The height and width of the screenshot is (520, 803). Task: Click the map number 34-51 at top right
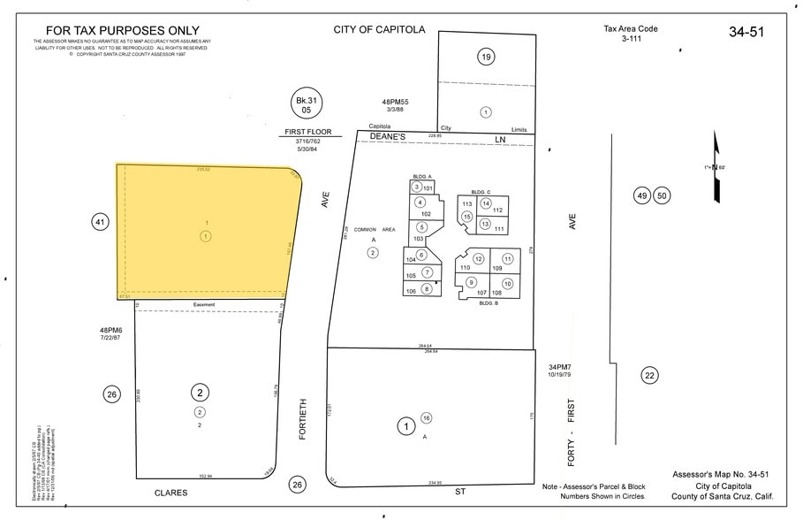pyautogui.click(x=746, y=32)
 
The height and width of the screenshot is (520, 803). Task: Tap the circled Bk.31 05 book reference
pyautogui.click(x=307, y=104)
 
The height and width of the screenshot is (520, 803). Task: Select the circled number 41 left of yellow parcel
pyautogui.click(x=100, y=222)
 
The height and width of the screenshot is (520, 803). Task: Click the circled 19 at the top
pyautogui.click(x=485, y=58)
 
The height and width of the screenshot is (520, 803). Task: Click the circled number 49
pyautogui.click(x=642, y=195)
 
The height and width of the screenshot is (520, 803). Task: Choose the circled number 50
pyautogui.click(x=662, y=195)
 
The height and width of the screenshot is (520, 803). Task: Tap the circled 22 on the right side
pyautogui.click(x=650, y=376)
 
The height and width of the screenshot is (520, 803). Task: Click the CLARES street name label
pyautogui.click(x=171, y=493)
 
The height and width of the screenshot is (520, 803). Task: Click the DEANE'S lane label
pyautogui.click(x=386, y=138)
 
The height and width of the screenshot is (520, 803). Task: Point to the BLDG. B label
pyautogui.click(x=489, y=303)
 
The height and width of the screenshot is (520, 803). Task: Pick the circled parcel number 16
pyautogui.click(x=426, y=417)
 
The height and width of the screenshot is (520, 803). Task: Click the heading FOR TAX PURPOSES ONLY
pyautogui.click(x=122, y=31)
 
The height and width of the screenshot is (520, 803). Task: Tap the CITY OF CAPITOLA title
pyautogui.click(x=379, y=29)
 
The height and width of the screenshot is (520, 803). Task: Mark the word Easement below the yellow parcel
pyautogui.click(x=204, y=304)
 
